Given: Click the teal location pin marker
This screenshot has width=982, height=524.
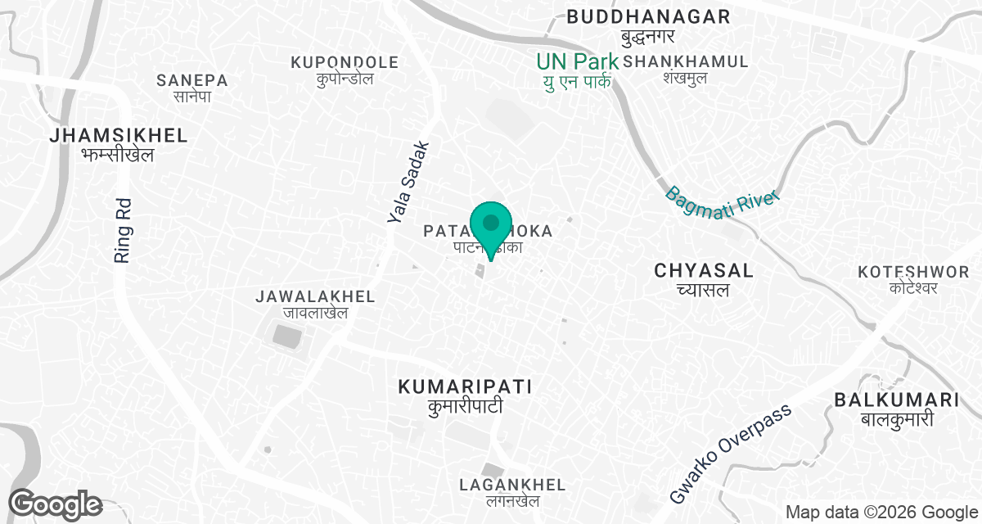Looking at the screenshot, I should (x=490, y=228).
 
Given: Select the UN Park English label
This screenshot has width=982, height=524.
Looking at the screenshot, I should (x=577, y=61).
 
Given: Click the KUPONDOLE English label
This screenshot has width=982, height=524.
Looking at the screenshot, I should (x=345, y=62).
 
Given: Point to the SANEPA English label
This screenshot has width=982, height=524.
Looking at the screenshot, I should (x=192, y=80).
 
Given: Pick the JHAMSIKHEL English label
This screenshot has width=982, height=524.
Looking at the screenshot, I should (x=119, y=135).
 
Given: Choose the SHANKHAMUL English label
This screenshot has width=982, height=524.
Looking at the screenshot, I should (x=686, y=61).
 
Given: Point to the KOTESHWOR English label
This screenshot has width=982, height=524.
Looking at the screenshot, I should (x=913, y=271).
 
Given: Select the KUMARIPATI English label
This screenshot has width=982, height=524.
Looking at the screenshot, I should (x=465, y=386).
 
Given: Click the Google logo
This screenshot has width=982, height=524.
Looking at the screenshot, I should (x=55, y=504).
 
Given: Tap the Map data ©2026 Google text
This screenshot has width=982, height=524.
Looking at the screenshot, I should (x=879, y=513).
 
